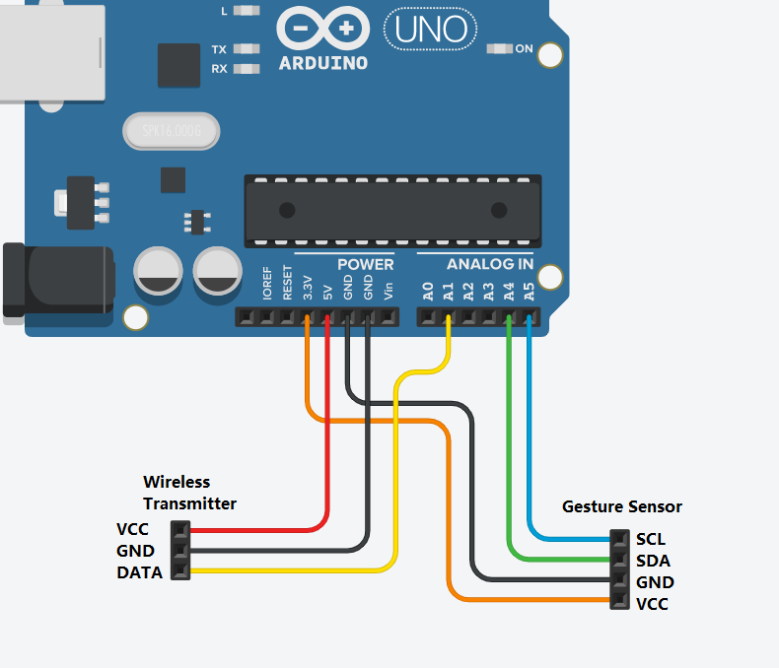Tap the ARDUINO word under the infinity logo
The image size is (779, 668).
click(x=323, y=63)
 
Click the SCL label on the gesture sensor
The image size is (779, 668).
click(x=651, y=540)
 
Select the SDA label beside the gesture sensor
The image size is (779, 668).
click(x=653, y=561)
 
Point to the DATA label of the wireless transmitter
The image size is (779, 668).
click(x=139, y=572)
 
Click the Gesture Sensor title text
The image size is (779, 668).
click(x=621, y=506)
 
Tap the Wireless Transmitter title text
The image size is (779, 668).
click(x=190, y=493)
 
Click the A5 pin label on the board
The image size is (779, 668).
click(x=530, y=292)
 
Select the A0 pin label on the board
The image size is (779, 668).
click(x=428, y=292)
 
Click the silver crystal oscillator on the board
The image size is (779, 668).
click(x=170, y=131)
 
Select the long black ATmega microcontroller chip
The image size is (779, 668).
click(x=392, y=210)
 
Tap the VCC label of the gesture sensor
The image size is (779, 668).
click(x=652, y=604)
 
